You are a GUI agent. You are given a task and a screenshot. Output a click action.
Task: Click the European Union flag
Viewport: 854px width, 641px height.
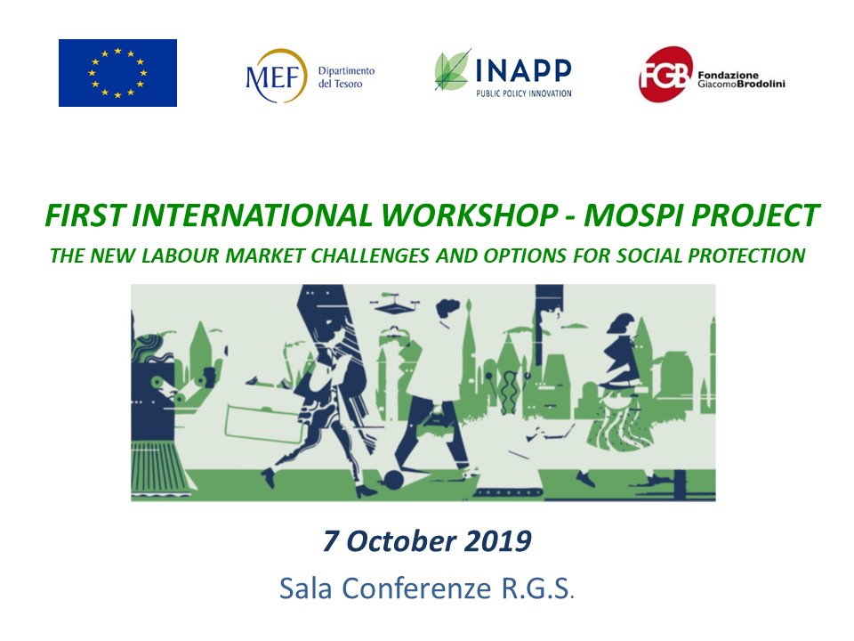pos(117,73)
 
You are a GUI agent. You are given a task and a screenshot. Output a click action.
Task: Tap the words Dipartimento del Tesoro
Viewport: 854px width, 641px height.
pos(346,77)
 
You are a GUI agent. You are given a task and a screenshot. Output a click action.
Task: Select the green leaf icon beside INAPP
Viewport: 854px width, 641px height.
pos(453,71)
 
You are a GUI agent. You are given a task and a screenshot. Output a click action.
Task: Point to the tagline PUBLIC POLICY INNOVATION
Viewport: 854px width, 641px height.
pos(522,93)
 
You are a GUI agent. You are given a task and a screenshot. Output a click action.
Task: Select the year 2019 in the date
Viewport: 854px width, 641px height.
pos(499,540)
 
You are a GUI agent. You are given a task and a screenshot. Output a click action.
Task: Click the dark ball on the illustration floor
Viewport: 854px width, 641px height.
pos(393,481)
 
